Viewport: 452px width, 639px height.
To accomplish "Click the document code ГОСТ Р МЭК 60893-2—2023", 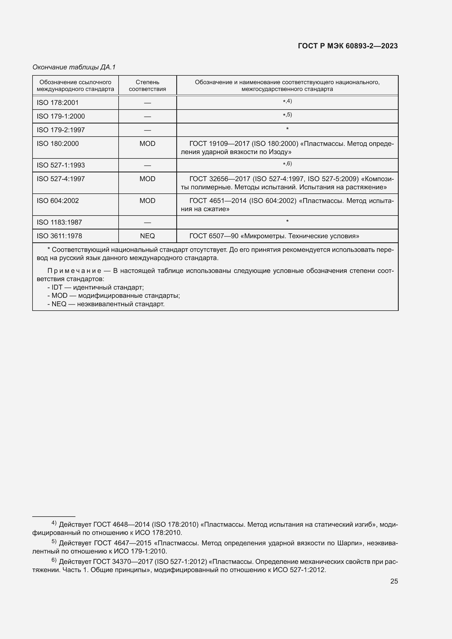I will [x=348, y=46].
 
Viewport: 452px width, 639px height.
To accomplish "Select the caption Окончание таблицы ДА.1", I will [x=74, y=67].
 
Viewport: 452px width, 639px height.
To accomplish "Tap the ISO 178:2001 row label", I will [x=58, y=103].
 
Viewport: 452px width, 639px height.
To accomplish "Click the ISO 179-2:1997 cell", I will [x=61, y=130].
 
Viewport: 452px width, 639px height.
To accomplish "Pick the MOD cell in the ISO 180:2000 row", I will [x=147, y=144].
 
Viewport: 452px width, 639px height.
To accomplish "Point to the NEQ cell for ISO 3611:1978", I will [x=147, y=236].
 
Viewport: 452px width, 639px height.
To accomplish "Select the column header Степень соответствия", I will [x=147, y=86].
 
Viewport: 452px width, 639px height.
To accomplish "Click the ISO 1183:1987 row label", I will [x=59, y=222].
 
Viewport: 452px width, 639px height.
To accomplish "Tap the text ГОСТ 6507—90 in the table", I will [x=214, y=236].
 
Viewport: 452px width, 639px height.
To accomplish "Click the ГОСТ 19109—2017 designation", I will [x=219, y=144].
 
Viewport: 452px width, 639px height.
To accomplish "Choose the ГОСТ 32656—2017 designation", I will [x=219, y=179].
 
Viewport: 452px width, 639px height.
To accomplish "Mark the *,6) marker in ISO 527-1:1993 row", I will [x=287, y=164].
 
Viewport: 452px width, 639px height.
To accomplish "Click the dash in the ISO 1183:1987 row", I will [x=147, y=222].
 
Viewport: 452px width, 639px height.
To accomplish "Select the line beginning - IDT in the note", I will [x=95, y=287].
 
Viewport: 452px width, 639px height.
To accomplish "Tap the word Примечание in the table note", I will [x=74, y=271].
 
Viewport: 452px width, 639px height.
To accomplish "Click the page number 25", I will [x=394, y=581].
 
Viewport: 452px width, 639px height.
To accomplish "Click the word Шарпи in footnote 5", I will [x=347, y=543].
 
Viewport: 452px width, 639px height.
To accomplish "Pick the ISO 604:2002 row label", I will [x=58, y=201].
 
